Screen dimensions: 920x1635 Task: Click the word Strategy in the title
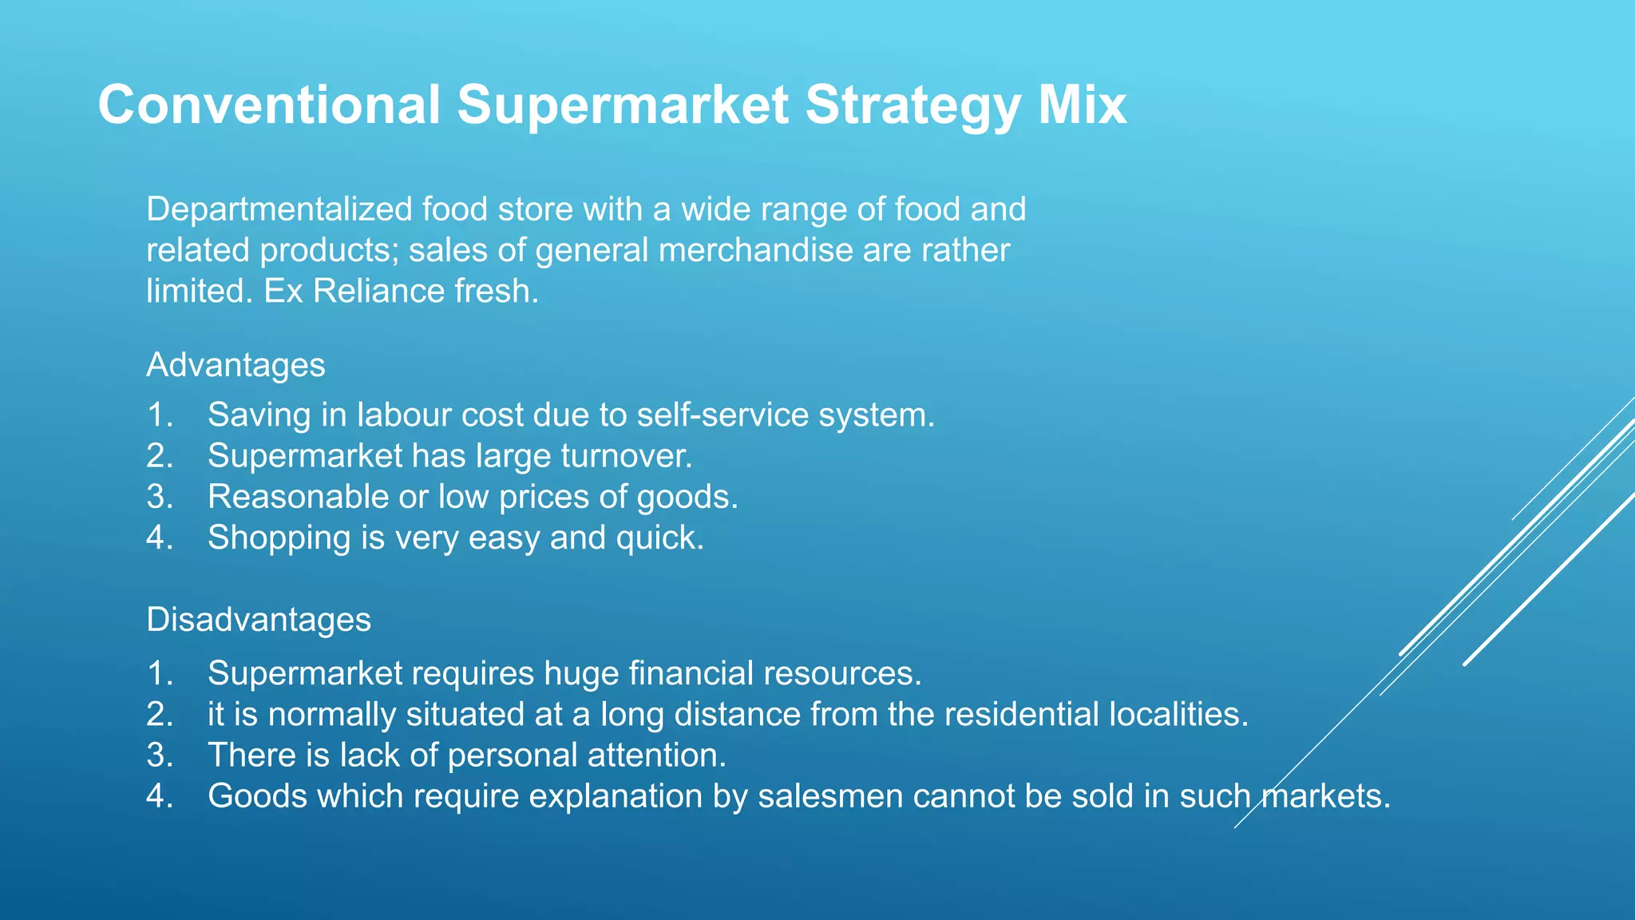[x=912, y=105]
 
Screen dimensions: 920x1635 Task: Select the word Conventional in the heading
[x=269, y=105]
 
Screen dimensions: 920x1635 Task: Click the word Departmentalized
[x=279, y=209]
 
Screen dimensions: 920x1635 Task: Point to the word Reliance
[x=379, y=291]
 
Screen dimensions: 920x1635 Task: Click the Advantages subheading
[x=236, y=365]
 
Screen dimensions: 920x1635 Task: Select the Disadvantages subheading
[x=259, y=620]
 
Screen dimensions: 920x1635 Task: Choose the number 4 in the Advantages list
[x=158, y=537]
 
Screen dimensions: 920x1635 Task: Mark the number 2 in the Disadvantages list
[x=158, y=714]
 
